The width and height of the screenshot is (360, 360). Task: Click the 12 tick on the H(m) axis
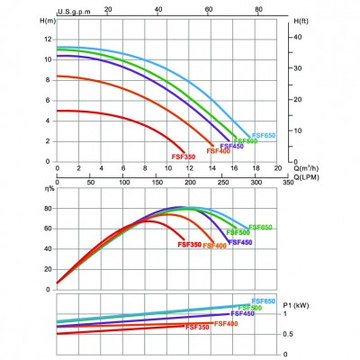click(x=48, y=39)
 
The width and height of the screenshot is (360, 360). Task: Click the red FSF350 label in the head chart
click(x=184, y=157)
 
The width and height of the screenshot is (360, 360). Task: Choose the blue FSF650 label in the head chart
click(x=264, y=134)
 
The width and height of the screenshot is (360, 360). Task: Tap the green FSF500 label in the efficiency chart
click(x=238, y=232)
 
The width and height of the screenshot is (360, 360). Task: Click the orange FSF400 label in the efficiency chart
click(x=214, y=245)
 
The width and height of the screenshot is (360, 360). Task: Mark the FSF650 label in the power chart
click(x=264, y=301)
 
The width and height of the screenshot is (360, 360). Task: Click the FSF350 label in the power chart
click(x=197, y=328)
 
